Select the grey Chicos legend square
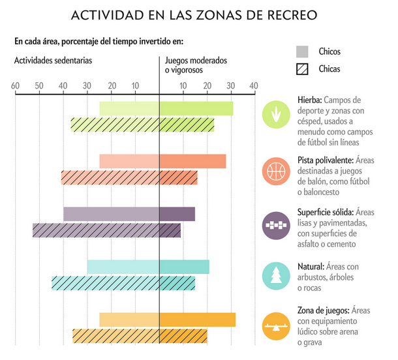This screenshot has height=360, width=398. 302,52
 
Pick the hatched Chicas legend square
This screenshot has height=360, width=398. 302,68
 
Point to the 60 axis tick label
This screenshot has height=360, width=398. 14,86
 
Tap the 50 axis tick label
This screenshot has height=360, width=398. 38,86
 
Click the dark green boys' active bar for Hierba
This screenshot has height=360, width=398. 196,108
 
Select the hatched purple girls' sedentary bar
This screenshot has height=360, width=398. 96,230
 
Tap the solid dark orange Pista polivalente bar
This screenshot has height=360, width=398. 192,161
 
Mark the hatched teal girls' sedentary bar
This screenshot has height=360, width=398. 106,283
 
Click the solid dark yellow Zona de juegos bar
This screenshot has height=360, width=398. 197,320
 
